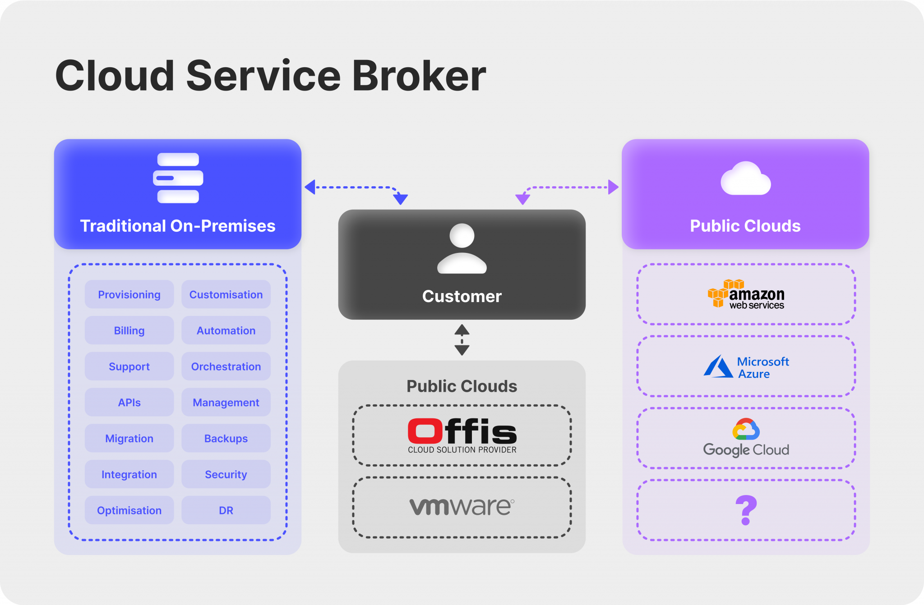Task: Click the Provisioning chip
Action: coord(129,294)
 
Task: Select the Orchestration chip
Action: coord(226,367)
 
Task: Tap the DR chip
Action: coord(226,510)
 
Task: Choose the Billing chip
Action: coord(129,330)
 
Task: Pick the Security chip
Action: coord(226,474)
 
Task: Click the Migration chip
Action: coord(129,438)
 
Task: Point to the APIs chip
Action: coord(129,402)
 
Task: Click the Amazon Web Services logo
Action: coord(746,294)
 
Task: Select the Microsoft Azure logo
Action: coord(746,367)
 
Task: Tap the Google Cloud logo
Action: coord(746,438)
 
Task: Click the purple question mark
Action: coord(746,510)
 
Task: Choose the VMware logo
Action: coord(462,507)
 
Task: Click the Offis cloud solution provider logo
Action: coord(462,435)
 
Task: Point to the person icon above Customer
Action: coord(462,248)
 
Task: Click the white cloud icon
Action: coord(745,179)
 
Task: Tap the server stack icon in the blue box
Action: coord(178,178)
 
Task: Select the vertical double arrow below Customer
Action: coord(462,340)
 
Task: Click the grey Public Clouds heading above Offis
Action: coord(462,386)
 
